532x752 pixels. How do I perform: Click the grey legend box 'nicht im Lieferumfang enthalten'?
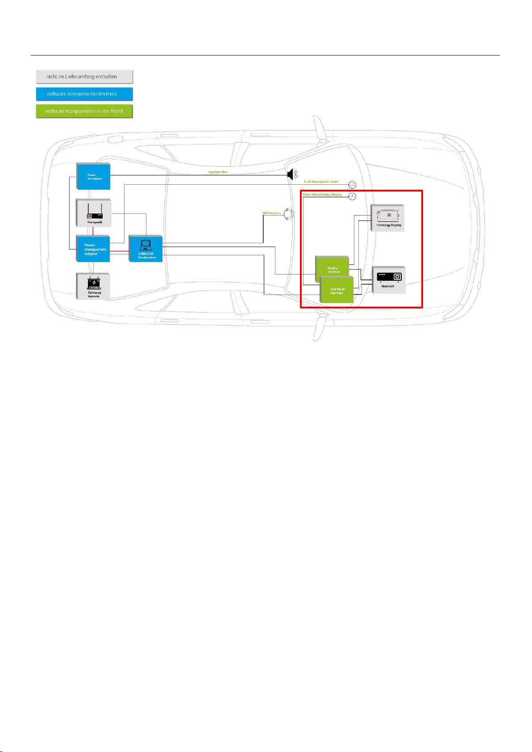point(84,77)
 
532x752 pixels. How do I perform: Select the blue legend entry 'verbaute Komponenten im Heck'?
point(84,94)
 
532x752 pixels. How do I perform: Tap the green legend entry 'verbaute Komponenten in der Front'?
point(84,111)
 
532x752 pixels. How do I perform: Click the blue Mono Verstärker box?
point(93,176)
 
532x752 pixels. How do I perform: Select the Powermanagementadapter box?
point(93,249)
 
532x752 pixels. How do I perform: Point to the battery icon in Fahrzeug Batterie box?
point(94,283)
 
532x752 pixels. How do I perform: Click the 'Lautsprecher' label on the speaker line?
point(218,172)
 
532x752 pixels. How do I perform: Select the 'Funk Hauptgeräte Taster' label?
point(321,182)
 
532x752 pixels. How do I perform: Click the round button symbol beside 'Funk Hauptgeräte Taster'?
point(352,185)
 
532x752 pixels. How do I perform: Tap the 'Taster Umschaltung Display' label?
point(323,195)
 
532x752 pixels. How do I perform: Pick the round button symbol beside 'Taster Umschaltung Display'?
point(352,196)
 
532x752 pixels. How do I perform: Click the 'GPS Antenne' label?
point(271,213)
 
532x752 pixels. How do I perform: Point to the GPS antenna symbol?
point(289,214)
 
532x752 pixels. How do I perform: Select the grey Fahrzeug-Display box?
point(387,218)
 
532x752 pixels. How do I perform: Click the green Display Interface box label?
point(333,270)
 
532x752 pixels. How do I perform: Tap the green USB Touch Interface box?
point(337,291)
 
